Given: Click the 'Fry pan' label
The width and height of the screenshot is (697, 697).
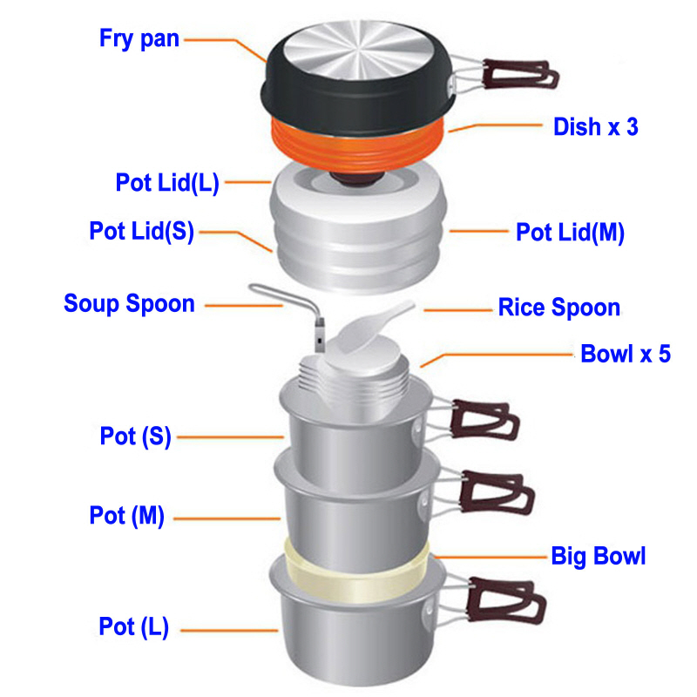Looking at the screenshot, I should point(139,38).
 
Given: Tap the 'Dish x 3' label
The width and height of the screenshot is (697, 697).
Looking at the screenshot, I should point(596,126).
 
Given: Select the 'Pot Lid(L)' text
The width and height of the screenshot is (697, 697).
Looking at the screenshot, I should point(167,183).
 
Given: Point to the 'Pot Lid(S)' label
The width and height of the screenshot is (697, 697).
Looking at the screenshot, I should point(142,232).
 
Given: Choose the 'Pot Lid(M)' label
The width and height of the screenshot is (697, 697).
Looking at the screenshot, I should point(571,233).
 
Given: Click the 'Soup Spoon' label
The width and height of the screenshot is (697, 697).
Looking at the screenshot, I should point(129,304).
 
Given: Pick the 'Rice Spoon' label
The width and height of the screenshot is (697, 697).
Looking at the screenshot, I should point(558,308).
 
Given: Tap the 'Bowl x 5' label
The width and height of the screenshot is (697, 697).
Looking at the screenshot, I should point(626,355).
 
